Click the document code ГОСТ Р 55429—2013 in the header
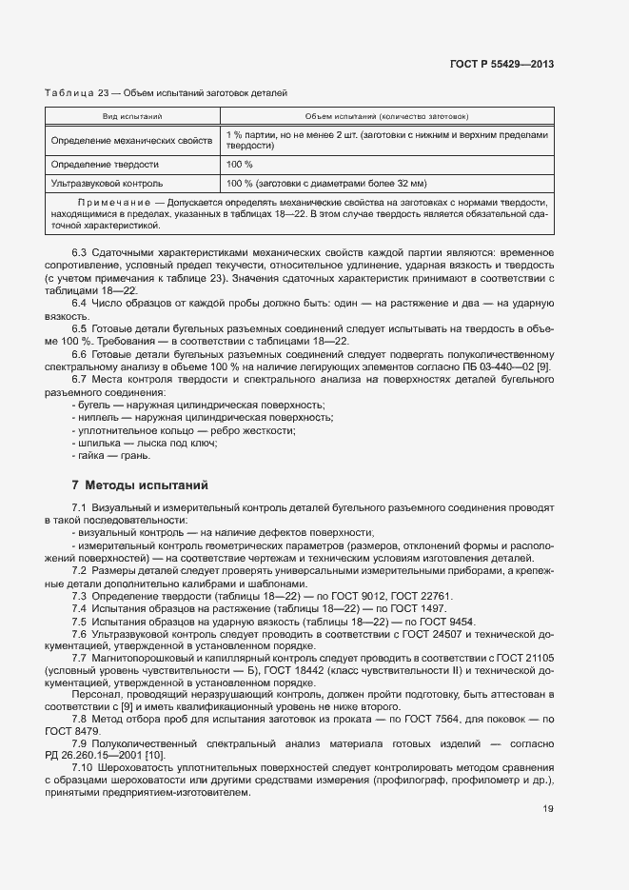point(501,65)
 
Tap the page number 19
point(548,809)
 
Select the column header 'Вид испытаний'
point(132,116)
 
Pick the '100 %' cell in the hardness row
point(240,165)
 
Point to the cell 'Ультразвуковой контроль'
point(108,183)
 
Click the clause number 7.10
point(82,767)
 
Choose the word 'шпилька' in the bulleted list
point(97,444)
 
